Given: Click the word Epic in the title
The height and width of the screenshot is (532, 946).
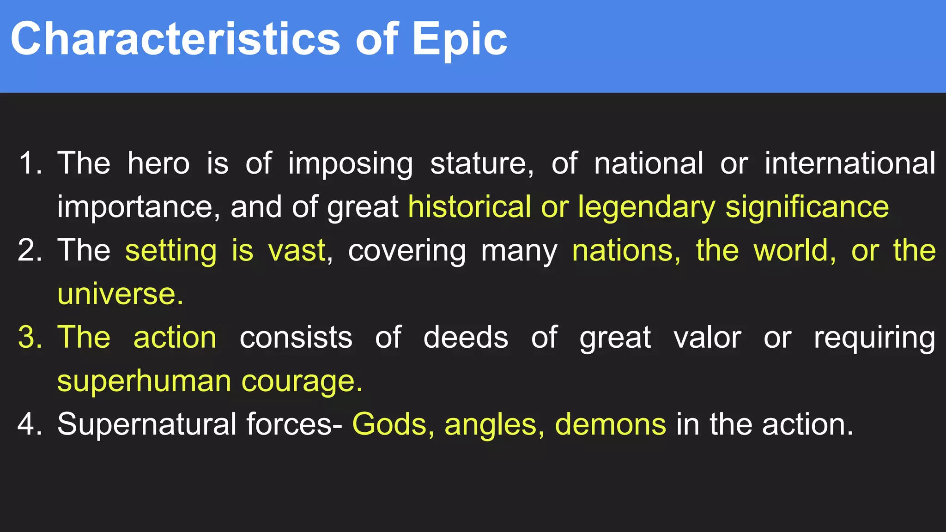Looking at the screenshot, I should point(460,41).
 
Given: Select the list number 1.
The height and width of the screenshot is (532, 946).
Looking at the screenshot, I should point(30,163).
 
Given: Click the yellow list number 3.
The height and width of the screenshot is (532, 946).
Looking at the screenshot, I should point(30,338).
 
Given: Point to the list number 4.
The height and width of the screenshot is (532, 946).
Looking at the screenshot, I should point(30,424).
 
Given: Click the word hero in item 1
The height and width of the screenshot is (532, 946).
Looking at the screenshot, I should point(158,163).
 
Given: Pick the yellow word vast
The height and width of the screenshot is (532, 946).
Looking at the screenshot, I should point(297,251).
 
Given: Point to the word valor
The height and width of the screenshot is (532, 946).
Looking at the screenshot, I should point(707,338).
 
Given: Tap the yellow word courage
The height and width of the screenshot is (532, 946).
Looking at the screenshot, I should point(302,381).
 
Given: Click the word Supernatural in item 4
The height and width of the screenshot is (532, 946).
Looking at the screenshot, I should point(147,424).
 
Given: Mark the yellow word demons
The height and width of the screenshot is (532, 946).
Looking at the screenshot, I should point(610,424).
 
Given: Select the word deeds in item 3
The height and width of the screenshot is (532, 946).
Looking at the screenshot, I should point(466,338).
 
